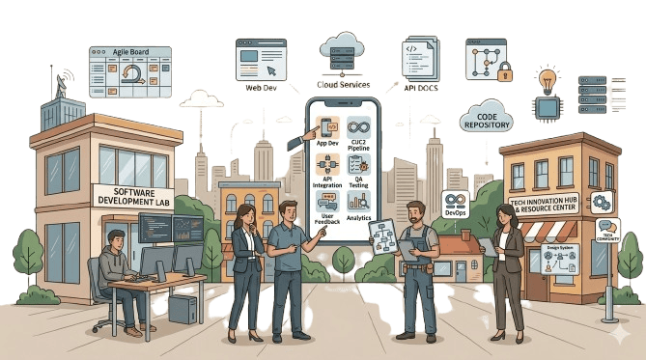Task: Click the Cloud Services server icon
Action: coord(343,51)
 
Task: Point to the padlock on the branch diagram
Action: coord(505,73)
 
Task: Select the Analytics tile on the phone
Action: coord(359,206)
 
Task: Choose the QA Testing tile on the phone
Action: coord(359,169)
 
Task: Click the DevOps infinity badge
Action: coord(455,203)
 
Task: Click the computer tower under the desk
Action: coord(183,307)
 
